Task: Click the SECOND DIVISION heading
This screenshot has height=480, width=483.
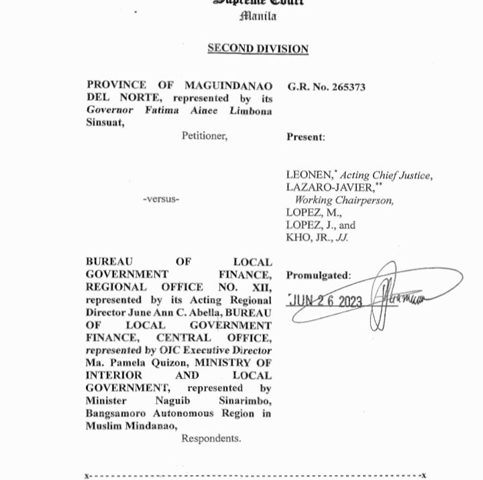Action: tap(258, 48)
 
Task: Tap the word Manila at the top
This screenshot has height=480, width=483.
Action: tap(258, 16)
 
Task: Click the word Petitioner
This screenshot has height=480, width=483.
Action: tap(204, 136)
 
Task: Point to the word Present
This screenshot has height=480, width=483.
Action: tap(305, 137)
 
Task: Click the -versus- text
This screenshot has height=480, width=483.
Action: tap(161, 199)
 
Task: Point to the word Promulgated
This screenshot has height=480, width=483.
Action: tap(318, 275)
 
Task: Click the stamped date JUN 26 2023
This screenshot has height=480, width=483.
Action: tap(326, 301)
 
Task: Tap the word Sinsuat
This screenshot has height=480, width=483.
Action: tap(105, 124)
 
